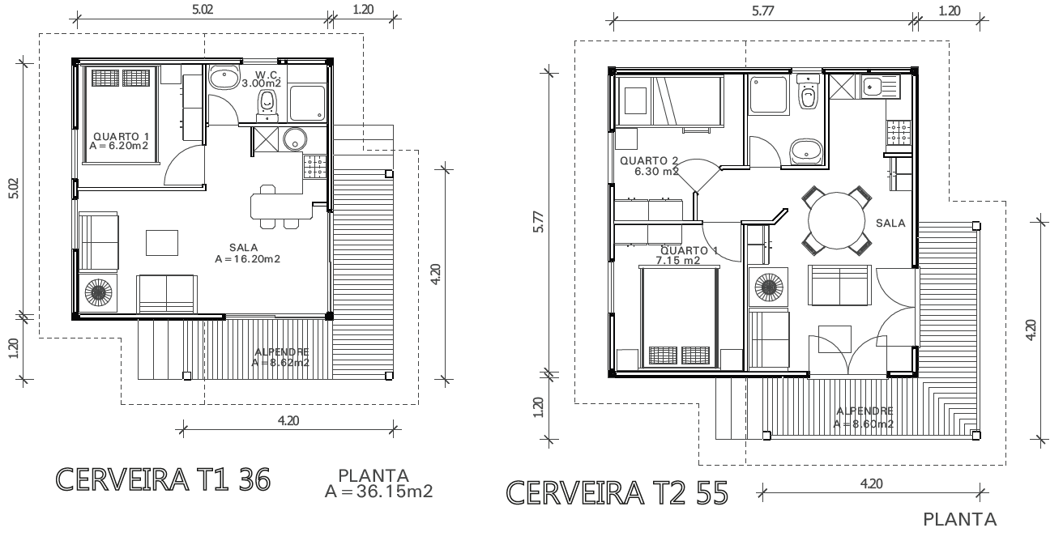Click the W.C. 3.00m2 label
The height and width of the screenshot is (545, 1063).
pos(262,79)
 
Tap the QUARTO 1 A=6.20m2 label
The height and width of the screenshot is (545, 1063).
pos(119,142)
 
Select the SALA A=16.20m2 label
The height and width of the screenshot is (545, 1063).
pos(247,253)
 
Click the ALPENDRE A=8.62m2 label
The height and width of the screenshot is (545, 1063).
pos(281,357)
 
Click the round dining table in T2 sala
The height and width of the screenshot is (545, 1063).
pos(836,220)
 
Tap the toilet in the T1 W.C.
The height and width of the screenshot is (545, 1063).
pos(267,104)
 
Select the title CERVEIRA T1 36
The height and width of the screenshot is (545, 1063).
pos(163,479)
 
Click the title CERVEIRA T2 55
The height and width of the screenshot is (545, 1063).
pos(617,493)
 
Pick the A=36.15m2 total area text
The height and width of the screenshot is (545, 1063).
pos(378,492)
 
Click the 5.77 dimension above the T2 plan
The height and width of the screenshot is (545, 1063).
pos(762,11)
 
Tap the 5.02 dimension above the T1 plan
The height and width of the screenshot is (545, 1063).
pos(203,10)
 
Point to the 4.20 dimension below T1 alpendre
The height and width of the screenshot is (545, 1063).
pos(288,421)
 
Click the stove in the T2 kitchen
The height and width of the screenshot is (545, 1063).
pos(899,132)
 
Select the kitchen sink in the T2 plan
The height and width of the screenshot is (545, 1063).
pos(881,87)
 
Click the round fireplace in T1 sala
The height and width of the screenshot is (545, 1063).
pos(98,292)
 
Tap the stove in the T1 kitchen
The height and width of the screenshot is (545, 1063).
pos(315,167)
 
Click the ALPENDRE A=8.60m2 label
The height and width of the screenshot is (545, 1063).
pos(864,417)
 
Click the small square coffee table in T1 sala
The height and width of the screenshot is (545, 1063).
pos(162,242)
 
